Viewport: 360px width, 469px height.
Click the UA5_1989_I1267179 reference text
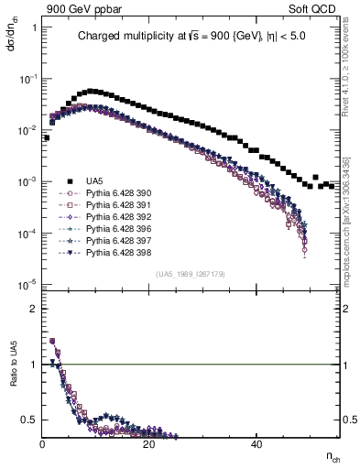pyautogui.click(x=190, y=274)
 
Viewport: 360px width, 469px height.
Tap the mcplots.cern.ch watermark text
pyautogui.click(x=349, y=229)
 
